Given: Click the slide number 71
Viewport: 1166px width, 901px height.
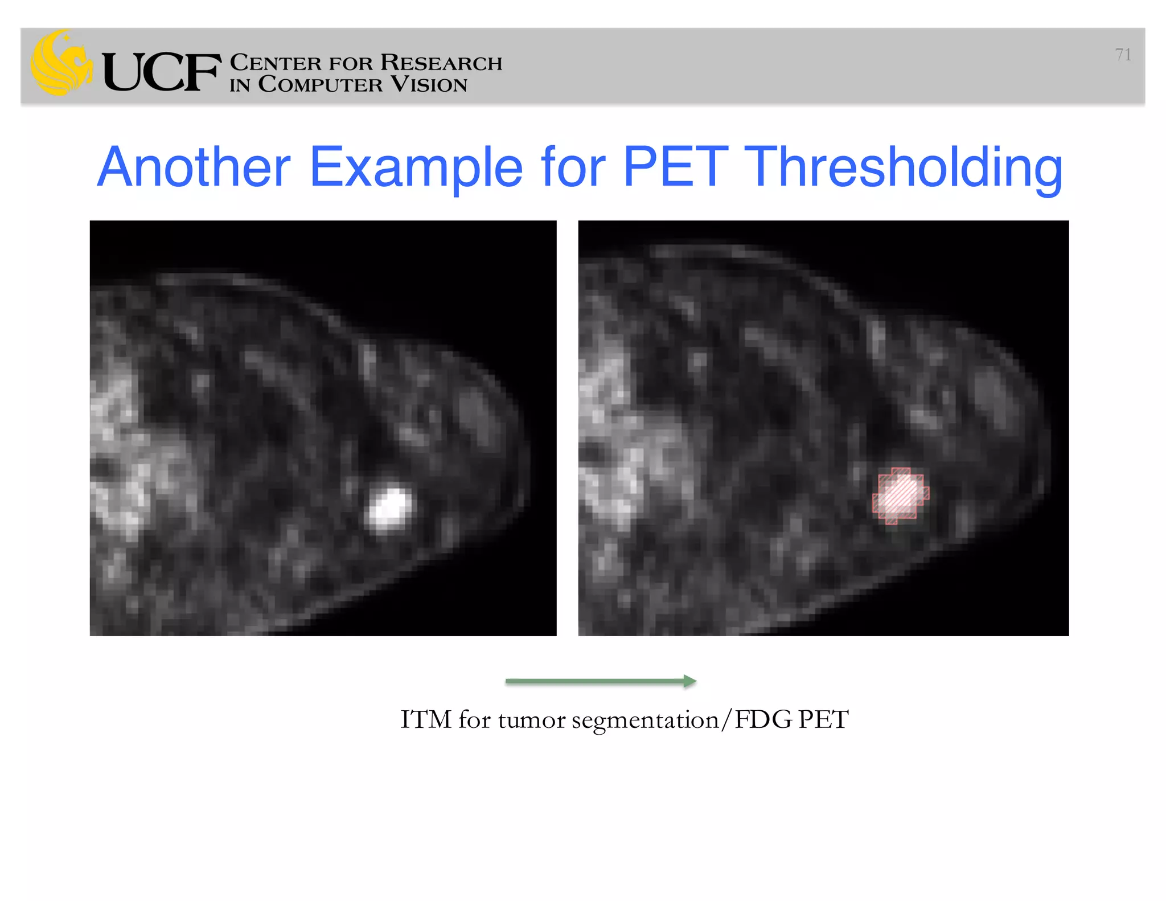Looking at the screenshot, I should coord(1123,55).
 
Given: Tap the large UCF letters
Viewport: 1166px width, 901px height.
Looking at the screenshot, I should coord(162,72).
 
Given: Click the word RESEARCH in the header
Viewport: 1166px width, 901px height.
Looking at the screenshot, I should coord(441,63).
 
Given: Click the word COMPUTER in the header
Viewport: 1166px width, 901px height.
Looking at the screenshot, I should coord(320,84).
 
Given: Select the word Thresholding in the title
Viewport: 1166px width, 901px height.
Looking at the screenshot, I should coord(903,168).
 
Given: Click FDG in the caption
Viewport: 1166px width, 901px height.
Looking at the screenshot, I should coord(763,719).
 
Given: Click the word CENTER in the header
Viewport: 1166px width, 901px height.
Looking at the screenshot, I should coord(276,63).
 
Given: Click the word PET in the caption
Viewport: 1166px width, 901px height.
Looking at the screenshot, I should coord(823,719).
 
